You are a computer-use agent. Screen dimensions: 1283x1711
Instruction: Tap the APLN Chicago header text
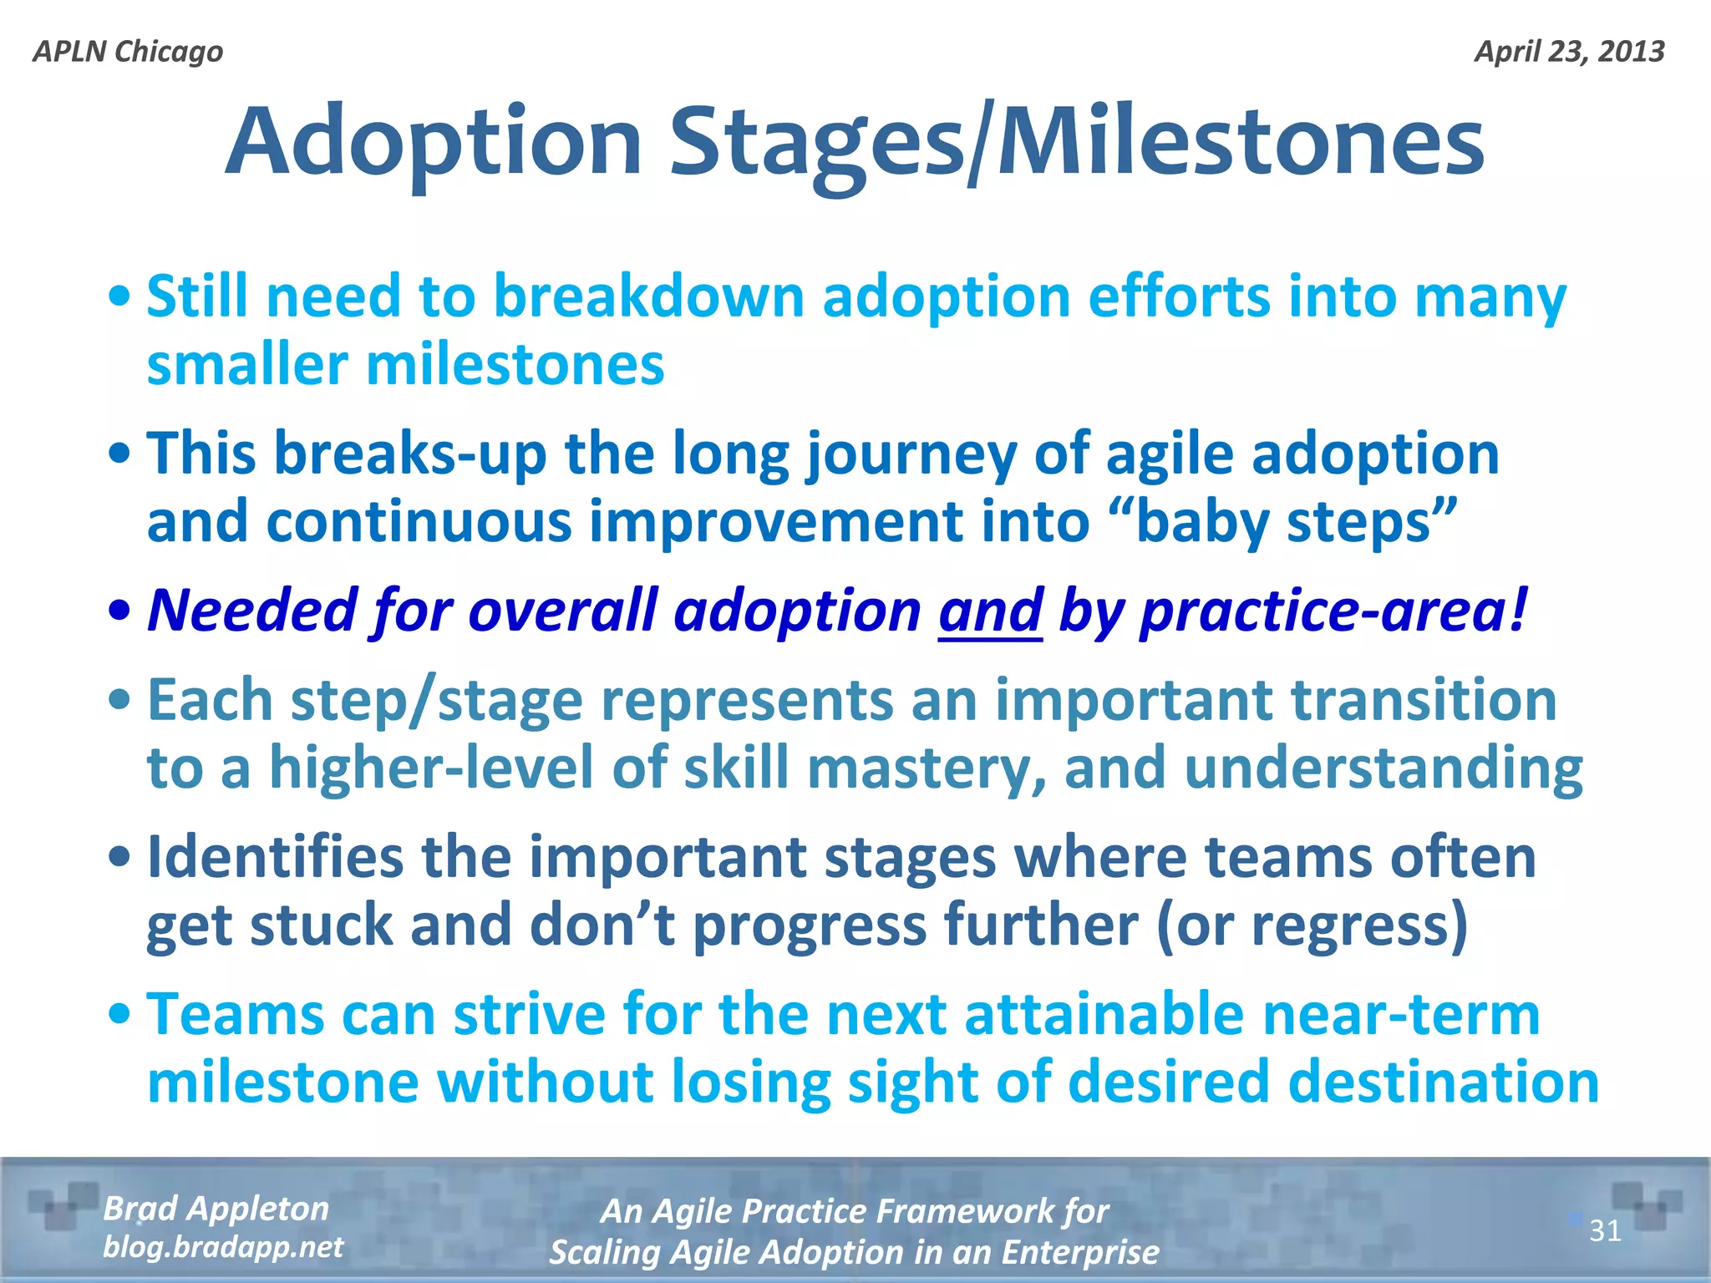(128, 52)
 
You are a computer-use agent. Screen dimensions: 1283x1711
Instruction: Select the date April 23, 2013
(1569, 52)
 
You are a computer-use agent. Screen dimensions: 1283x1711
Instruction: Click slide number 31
(1605, 1230)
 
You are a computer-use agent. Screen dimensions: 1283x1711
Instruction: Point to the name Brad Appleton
(216, 1209)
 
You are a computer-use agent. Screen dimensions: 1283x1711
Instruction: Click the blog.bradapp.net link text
(222, 1247)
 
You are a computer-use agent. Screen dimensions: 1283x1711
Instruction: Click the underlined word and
(990, 611)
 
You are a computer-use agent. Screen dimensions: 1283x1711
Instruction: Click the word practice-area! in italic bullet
(1334, 611)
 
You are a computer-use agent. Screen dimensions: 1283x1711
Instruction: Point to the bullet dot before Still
(120, 297)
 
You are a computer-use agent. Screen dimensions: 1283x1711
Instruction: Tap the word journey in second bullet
(911, 454)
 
